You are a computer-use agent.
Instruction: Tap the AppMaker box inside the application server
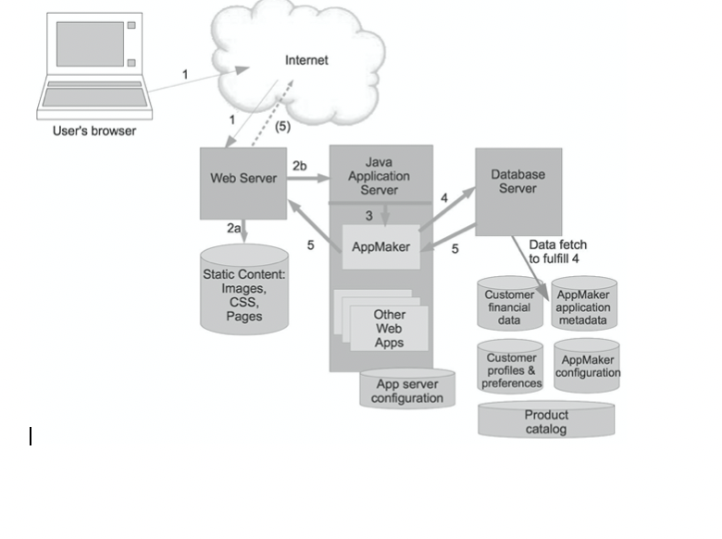380,247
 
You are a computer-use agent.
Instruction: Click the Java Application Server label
379,176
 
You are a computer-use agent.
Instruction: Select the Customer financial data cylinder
510,306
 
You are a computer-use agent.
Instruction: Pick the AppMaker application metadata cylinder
583,307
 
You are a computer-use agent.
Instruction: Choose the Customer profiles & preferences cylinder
511,370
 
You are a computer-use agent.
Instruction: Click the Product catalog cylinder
546,421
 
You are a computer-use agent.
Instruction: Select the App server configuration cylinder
407,391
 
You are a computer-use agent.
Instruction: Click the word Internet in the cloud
306,60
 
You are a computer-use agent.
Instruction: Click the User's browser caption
94,131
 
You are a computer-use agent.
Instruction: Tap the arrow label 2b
300,166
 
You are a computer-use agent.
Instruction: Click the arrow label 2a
233,227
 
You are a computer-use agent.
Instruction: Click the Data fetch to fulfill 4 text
557,251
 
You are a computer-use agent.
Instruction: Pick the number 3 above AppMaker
368,216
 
